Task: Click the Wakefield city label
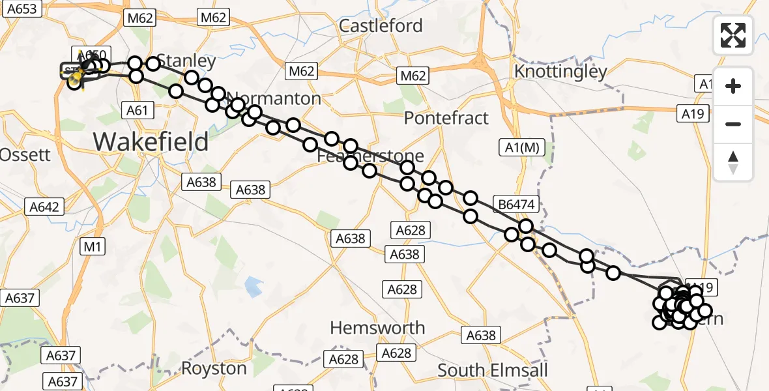coord(151,141)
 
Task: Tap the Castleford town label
coord(381,26)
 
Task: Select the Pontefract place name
coord(446,118)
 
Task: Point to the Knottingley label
coord(560,71)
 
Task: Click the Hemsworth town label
coord(377,328)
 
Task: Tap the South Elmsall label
coord(493,370)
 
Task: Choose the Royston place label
coord(214,368)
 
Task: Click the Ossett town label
coord(25,154)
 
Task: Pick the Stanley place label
coord(186,62)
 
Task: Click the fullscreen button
coord(733,35)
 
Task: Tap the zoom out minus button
coord(733,124)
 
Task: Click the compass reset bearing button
coord(733,162)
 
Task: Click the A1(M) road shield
coord(521,147)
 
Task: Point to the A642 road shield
coord(45,207)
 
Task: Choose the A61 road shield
coord(138,111)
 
